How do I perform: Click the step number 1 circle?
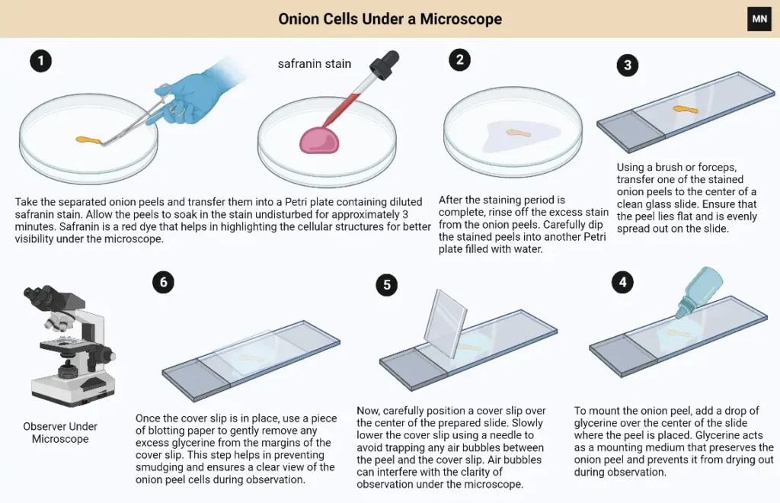click(41, 61)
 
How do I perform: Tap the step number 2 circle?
click(459, 59)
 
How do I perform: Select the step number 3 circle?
click(628, 66)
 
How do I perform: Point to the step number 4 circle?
click(623, 282)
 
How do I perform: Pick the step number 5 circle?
click(387, 285)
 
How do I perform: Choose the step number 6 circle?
click(164, 282)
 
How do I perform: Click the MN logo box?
click(759, 19)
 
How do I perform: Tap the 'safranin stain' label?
click(315, 64)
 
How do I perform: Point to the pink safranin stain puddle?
click(319, 140)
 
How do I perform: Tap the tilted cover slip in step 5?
click(446, 323)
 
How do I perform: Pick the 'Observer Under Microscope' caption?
click(60, 432)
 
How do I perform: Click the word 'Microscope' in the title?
click(461, 19)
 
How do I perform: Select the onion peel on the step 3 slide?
click(686, 110)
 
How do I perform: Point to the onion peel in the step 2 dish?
click(518, 133)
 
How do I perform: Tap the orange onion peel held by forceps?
click(88, 141)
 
